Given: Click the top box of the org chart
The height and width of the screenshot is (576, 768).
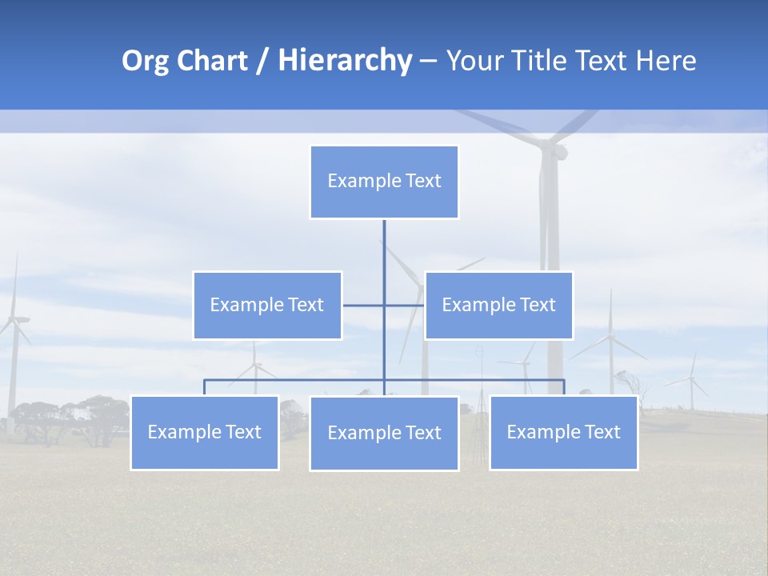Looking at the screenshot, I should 384,182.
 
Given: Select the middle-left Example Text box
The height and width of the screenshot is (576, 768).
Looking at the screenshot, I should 267,305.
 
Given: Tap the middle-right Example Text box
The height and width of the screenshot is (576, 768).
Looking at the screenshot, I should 498,305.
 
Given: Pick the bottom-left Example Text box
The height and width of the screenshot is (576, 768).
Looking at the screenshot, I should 205,432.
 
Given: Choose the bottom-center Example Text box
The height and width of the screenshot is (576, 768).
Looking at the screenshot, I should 384,433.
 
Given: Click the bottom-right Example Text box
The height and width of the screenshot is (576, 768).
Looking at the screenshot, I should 563,432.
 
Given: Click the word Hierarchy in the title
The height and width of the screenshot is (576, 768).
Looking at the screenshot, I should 345,61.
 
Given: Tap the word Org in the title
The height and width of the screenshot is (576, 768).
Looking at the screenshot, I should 145,61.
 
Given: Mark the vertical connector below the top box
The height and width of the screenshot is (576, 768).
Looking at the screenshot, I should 384,256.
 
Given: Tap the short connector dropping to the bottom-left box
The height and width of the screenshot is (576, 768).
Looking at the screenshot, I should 205,387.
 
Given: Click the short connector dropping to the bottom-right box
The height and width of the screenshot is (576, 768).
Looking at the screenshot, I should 563,387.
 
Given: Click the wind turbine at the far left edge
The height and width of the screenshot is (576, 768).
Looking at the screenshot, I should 14,336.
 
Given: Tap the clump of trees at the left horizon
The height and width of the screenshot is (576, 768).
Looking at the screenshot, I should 72,420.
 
